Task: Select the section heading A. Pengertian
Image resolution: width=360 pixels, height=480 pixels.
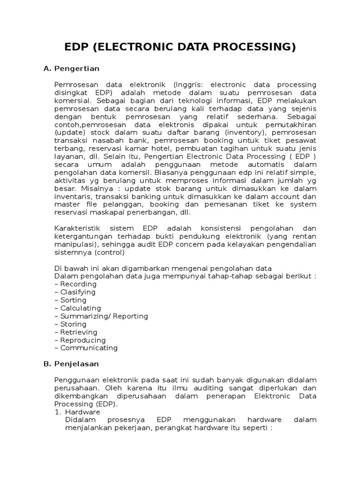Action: click(x=71, y=68)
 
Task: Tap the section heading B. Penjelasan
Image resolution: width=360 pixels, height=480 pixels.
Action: click(x=71, y=364)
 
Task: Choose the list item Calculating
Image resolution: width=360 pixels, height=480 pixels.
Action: click(x=77, y=308)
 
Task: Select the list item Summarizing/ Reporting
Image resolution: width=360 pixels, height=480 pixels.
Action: click(x=101, y=316)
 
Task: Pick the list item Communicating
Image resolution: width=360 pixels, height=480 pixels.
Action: click(x=86, y=348)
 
